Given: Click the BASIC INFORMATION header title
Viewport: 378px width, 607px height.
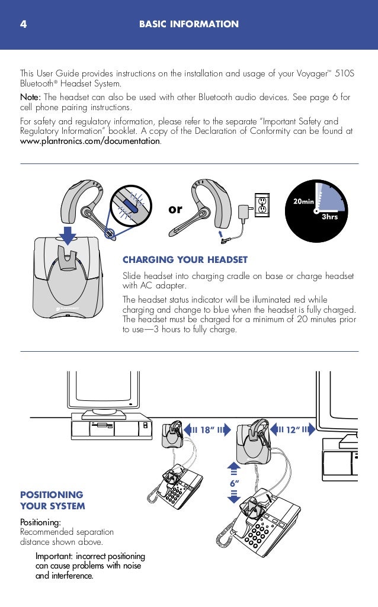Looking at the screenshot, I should (x=189, y=24).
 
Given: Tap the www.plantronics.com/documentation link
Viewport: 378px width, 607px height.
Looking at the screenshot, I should (x=90, y=142).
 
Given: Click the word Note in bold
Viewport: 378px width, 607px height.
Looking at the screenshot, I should (x=30, y=97).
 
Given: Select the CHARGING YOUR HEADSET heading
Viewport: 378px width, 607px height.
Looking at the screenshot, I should (x=185, y=259).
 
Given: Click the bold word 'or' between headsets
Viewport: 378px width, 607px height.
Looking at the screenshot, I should (x=175, y=210).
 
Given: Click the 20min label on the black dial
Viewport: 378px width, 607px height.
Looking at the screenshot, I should (x=303, y=202).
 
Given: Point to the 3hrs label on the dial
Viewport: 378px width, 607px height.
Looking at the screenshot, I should (x=329, y=217).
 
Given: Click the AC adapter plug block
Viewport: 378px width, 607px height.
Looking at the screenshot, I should (x=242, y=211).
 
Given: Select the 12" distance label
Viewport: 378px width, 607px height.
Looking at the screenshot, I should (x=291, y=430).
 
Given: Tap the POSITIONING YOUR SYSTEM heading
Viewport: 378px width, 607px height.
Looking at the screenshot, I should (x=52, y=500).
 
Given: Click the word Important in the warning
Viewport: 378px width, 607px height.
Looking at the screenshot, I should (x=53, y=557).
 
